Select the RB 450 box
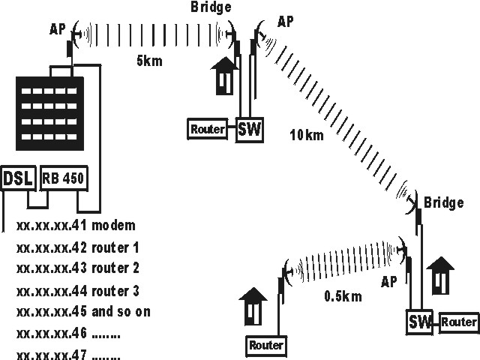pyautogui.click(x=64, y=178)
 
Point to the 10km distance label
pyautogui.click(x=307, y=135)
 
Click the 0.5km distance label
pyautogui.click(x=343, y=296)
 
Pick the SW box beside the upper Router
pyautogui.click(x=250, y=129)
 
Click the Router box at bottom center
pyautogui.click(x=266, y=346)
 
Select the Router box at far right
pyautogui.click(x=459, y=322)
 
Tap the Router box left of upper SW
pyautogui.click(x=208, y=129)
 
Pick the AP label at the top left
pyautogui.click(x=58, y=29)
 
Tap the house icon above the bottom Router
pyautogui.click(x=253, y=304)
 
